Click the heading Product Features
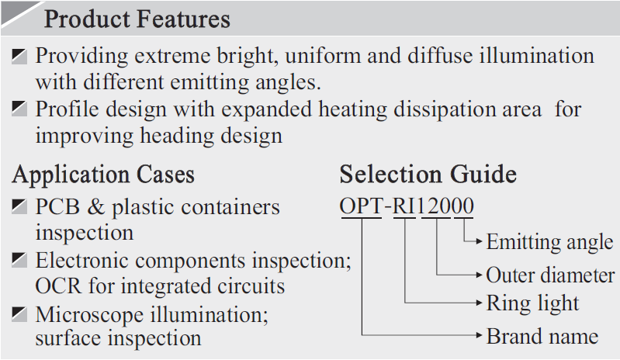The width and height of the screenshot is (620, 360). coord(137,19)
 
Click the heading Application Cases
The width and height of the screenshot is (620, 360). coord(103,174)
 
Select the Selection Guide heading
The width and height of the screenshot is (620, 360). coord(428,174)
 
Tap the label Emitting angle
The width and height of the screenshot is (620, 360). coord(549,242)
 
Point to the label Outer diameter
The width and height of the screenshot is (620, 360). coord(550,275)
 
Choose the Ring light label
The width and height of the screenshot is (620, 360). coord(532,303)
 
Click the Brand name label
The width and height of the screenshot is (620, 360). coord(542,336)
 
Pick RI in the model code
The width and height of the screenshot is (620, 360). coord(404,207)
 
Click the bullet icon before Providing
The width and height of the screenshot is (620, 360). coord(20,56)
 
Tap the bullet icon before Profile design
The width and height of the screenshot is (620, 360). coord(20,109)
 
